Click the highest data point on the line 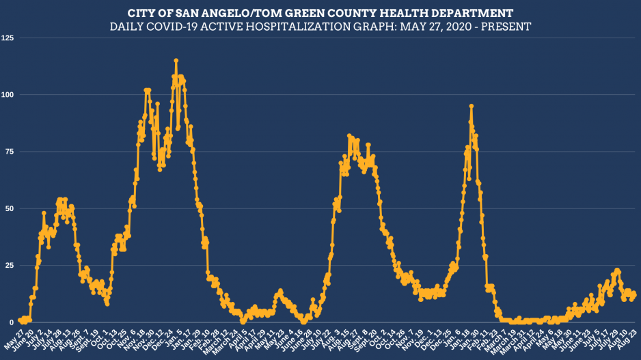click(x=176, y=61)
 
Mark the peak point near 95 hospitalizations click(x=472, y=107)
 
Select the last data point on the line click(x=634, y=294)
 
